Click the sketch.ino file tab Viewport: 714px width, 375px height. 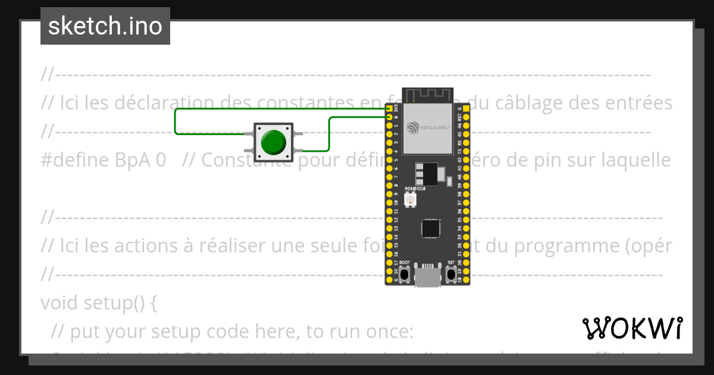pyautogui.click(x=105, y=26)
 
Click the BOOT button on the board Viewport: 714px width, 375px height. pyautogui.click(x=405, y=274)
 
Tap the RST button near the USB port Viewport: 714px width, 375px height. pyautogui.click(x=452, y=274)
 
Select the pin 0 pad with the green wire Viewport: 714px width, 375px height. pyautogui.click(x=389, y=118)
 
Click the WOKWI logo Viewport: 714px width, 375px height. pyautogui.click(x=632, y=329)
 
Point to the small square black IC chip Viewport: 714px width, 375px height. pyautogui.click(x=430, y=229)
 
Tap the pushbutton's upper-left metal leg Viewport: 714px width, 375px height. pyautogui.click(x=249, y=135)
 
